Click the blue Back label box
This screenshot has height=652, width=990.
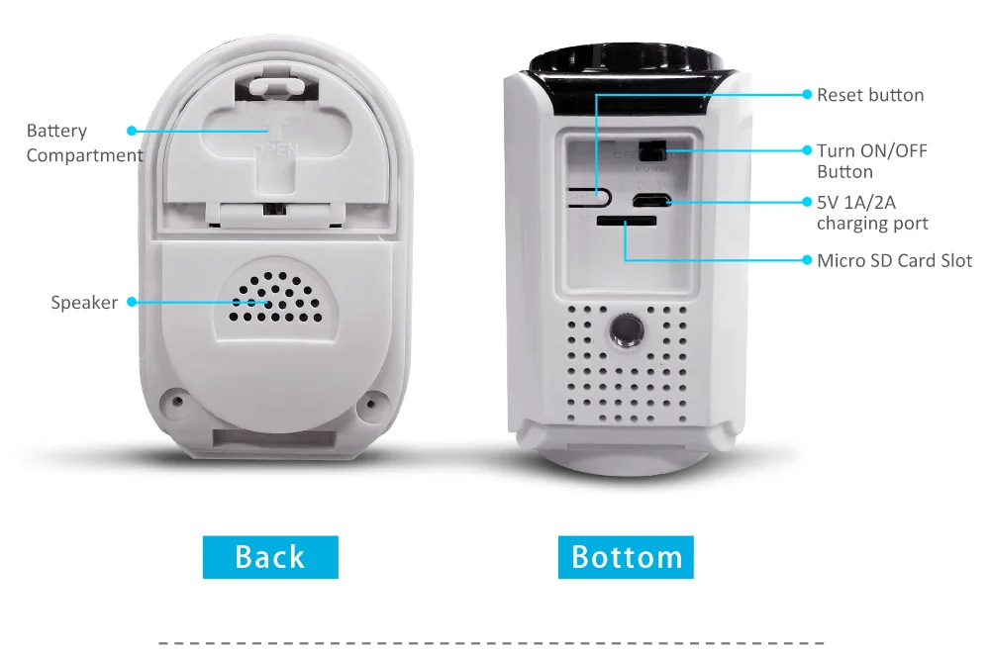(x=270, y=557)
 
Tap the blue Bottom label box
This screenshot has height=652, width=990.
(x=626, y=557)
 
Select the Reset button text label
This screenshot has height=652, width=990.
(x=869, y=95)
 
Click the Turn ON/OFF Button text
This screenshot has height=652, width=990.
(x=871, y=160)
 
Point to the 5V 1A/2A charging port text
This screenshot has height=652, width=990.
(x=871, y=212)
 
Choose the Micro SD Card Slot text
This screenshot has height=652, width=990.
(x=894, y=261)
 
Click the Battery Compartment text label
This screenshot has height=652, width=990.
(x=84, y=142)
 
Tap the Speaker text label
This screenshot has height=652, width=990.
(x=84, y=303)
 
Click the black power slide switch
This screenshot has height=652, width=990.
(x=650, y=150)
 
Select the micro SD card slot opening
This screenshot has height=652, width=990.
(x=618, y=223)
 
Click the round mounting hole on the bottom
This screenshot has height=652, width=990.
(x=624, y=330)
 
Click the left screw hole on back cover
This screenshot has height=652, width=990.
(x=177, y=402)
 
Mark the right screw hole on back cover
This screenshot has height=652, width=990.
(x=373, y=402)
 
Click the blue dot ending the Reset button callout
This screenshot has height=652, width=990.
(x=807, y=95)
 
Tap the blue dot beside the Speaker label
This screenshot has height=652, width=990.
(x=131, y=303)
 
